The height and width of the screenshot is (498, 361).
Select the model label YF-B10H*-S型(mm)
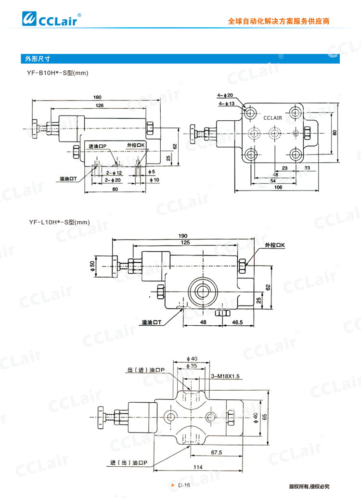pos(57,73)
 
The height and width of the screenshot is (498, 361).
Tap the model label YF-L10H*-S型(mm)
pos(59,222)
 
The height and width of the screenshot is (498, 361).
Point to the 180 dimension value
pos(97,97)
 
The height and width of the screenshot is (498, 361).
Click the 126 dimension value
pos(100,105)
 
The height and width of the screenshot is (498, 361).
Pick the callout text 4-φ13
pos(227,103)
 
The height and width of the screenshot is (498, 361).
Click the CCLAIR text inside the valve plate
pos(272,118)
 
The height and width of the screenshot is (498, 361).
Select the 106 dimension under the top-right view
pos(278,187)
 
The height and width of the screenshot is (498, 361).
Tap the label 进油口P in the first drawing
pos(97,146)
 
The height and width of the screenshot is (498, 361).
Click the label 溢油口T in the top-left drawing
pos(68,179)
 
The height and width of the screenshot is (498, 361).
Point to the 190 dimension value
pos(183,236)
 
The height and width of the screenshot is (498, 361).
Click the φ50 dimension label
pos(92,266)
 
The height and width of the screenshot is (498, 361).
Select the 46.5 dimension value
pos(237,322)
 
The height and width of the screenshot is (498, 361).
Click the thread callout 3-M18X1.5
pos(225,376)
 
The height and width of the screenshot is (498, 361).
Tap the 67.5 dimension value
pos(217,452)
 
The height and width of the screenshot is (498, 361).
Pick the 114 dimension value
pos(198,467)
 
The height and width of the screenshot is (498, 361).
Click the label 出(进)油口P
pos(146,370)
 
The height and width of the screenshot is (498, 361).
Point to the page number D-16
pos(184,485)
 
